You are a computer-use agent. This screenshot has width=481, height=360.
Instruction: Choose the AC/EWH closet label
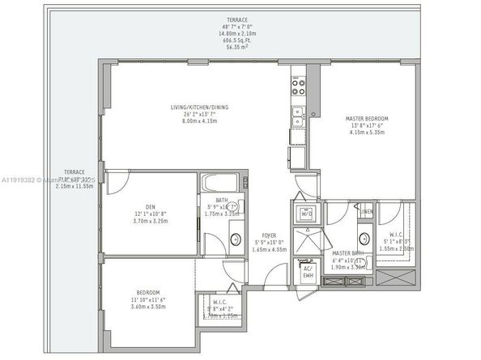pyautogui.click(x=307, y=272)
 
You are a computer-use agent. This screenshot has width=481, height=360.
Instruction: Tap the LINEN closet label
pyautogui.click(x=367, y=211)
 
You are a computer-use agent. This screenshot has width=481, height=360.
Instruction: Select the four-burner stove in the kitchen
pyautogui.click(x=299, y=83)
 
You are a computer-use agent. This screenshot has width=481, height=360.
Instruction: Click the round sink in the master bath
pyautogui.click(x=364, y=239)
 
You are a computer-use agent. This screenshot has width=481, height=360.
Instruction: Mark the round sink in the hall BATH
pyautogui.click(x=235, y=239)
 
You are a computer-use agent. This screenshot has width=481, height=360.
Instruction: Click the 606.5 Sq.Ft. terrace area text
pyautogui.click(x=238, y=41)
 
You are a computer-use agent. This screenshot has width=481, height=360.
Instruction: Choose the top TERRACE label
pyautogui.click(x=238, y=19)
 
